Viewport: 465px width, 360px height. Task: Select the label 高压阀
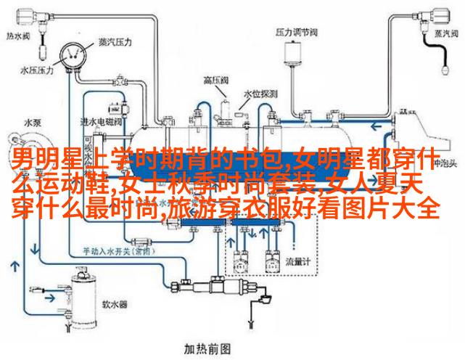(215, 81)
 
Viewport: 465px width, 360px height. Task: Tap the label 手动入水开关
(109, 250)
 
